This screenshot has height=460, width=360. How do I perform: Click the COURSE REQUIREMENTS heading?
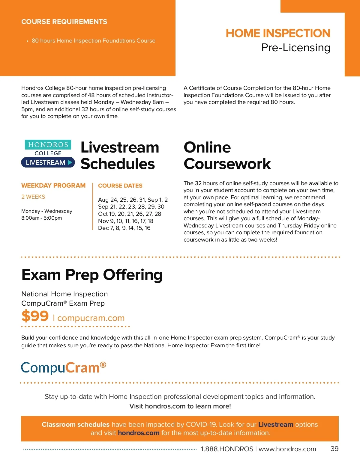(64, 22)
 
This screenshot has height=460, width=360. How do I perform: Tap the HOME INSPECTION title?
(278, 33)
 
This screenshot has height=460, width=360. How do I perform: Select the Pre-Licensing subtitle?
(296, 48)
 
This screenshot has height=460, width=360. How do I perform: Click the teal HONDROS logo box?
(48, 144)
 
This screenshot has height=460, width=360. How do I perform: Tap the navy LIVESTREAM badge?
(48, 162)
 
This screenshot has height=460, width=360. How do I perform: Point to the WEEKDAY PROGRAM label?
(53, 185)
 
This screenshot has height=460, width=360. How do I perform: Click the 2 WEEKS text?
(33, 197)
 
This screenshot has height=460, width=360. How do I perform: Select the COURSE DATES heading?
(120, 186)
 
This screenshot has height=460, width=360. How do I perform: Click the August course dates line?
(133, 200)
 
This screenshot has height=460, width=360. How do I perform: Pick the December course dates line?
(124, 228)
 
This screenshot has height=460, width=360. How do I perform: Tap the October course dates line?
(130, 214)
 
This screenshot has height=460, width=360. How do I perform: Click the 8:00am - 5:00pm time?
(42, 218)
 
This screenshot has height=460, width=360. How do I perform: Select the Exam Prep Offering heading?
(92, 275)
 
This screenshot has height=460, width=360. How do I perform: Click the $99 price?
(35, 316)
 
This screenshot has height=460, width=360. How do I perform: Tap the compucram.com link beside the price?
(91, 318)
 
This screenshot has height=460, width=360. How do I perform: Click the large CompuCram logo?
(64, 368)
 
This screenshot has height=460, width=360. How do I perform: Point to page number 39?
(334, 449)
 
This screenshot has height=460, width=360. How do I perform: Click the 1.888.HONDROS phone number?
(227, 449)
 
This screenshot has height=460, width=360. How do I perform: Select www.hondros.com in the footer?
(287, 449)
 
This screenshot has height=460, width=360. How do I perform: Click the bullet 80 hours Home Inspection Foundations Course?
(94, 41)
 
